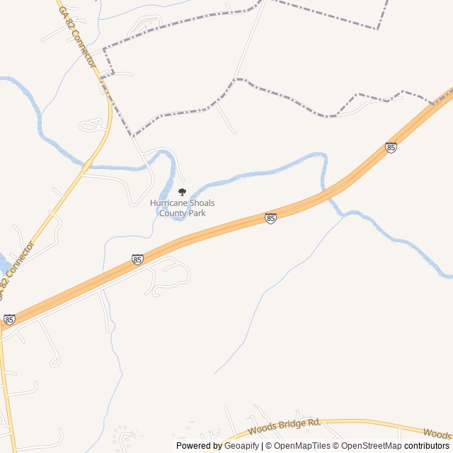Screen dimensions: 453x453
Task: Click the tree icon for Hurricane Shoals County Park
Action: (x=182, y=192)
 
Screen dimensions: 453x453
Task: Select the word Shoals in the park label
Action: (x=202, y=203)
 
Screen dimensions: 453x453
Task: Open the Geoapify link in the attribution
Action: (x=241, y=446)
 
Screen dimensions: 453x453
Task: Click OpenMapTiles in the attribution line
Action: (x=302, y=446)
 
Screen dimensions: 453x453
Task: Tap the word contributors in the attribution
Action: (x=427, y=446)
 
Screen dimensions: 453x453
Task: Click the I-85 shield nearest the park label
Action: (x=270, y=218)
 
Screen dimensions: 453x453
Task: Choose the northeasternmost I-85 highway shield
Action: (x=391, y=147)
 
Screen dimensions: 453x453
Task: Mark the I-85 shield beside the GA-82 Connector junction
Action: (x=8, y=320)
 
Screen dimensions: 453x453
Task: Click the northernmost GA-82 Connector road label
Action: (x=76, y=40)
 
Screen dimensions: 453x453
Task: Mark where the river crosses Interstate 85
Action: (x=328, y=190)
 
